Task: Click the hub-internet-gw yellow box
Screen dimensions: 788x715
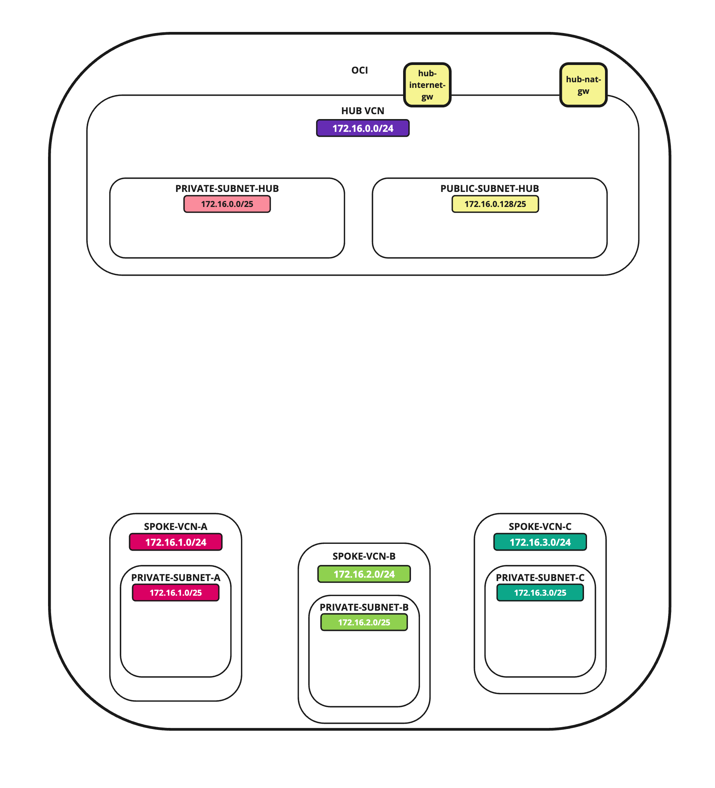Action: point(427,85)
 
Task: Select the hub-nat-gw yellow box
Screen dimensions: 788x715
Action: point(583,85)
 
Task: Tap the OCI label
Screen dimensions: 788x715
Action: point(360,70)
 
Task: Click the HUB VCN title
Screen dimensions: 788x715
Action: point(363,111)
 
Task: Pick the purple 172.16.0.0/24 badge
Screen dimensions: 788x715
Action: point(363,128)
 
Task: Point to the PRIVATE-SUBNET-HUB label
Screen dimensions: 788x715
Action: point(227,189)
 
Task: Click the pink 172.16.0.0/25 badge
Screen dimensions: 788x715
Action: point(227,204)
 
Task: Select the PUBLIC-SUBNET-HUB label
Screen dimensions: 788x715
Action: point(490,189)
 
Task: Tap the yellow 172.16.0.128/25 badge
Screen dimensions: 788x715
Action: point(495,204)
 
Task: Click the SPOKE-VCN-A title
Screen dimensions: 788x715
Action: point(176,527)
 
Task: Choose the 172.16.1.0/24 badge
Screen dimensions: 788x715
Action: point(176,542)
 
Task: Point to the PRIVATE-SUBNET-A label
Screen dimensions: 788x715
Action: point(176,578)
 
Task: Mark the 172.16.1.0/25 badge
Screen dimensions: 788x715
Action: point(176,593)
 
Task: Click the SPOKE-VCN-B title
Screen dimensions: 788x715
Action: point(364,556)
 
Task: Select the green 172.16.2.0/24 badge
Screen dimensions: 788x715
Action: point(364,574)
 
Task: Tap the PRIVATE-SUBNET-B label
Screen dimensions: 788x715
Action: point(364,607)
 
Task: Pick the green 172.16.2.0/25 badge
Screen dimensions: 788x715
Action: point(364,623)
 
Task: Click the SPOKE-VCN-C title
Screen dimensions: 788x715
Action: point(540,527)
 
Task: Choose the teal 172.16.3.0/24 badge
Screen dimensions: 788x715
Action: point(540,542)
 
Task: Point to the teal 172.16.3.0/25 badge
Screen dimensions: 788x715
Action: point(540,593)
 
